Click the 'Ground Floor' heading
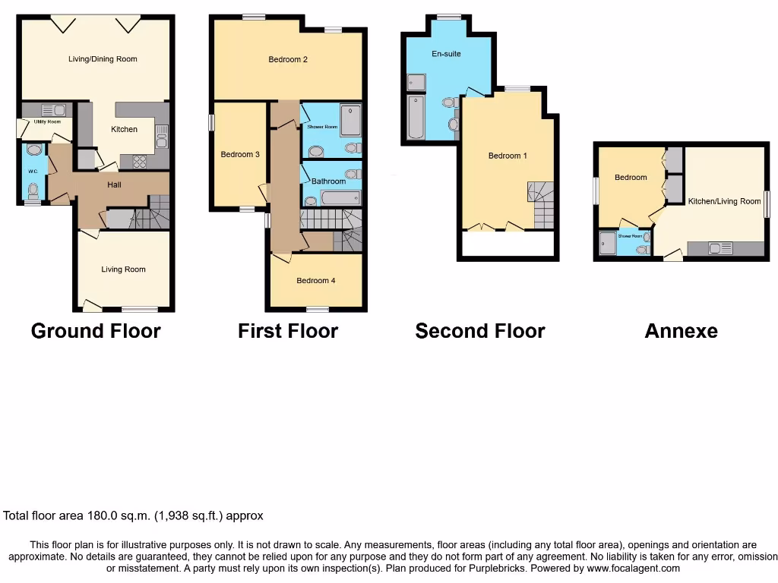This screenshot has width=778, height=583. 96,331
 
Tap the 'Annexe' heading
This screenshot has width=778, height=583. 681,331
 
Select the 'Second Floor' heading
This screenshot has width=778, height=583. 479,331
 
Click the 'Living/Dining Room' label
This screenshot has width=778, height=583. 103,59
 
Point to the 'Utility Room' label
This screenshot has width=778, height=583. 46,121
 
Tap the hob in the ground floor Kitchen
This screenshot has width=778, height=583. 140,161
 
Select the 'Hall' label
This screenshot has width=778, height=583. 114,184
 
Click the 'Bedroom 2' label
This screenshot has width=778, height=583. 288,59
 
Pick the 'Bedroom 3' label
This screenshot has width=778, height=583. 240,154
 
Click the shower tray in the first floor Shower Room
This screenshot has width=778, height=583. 350,119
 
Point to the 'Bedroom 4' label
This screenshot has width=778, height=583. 316,281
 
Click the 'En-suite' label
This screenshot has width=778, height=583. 446,54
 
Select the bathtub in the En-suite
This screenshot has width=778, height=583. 415,117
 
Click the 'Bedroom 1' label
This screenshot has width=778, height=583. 508,156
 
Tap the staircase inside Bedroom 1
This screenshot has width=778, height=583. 541,205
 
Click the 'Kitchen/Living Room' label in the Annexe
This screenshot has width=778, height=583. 724,201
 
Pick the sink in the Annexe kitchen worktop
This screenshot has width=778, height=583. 719,247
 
